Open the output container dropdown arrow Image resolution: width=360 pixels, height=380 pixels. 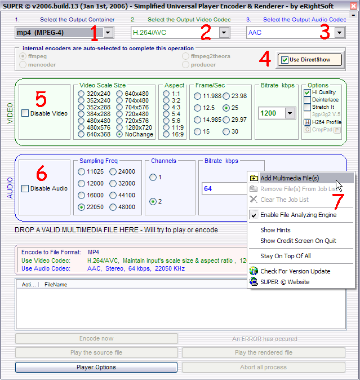pos(108,33)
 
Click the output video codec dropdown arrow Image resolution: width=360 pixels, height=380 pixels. pos(224,33)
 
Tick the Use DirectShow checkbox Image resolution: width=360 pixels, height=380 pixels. pos(285,60)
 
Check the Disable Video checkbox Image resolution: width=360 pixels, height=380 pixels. pos(25,113)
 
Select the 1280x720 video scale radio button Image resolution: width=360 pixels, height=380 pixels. pos(119,127)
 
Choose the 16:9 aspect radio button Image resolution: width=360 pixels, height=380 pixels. pos(166,134)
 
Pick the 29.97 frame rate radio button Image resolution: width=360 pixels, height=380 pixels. pos(226,120)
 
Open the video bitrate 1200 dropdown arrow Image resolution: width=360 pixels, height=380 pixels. pos(290,113)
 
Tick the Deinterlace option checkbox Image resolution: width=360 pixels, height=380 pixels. pos(307,100)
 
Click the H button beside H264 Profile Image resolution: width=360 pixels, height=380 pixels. pos(307,122)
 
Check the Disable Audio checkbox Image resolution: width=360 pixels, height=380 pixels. pos(25,188)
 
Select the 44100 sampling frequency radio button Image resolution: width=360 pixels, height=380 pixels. pos(113,195)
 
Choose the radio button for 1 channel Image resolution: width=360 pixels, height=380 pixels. pos(153,178)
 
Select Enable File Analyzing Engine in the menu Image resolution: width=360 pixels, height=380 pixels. pos(298,215)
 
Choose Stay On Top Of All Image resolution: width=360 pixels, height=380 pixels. pos(286,256)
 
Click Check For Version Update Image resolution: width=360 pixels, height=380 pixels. pos(295,271)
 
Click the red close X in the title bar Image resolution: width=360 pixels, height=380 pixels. pos(353,6)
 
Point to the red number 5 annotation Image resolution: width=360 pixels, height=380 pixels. pos(41,99)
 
